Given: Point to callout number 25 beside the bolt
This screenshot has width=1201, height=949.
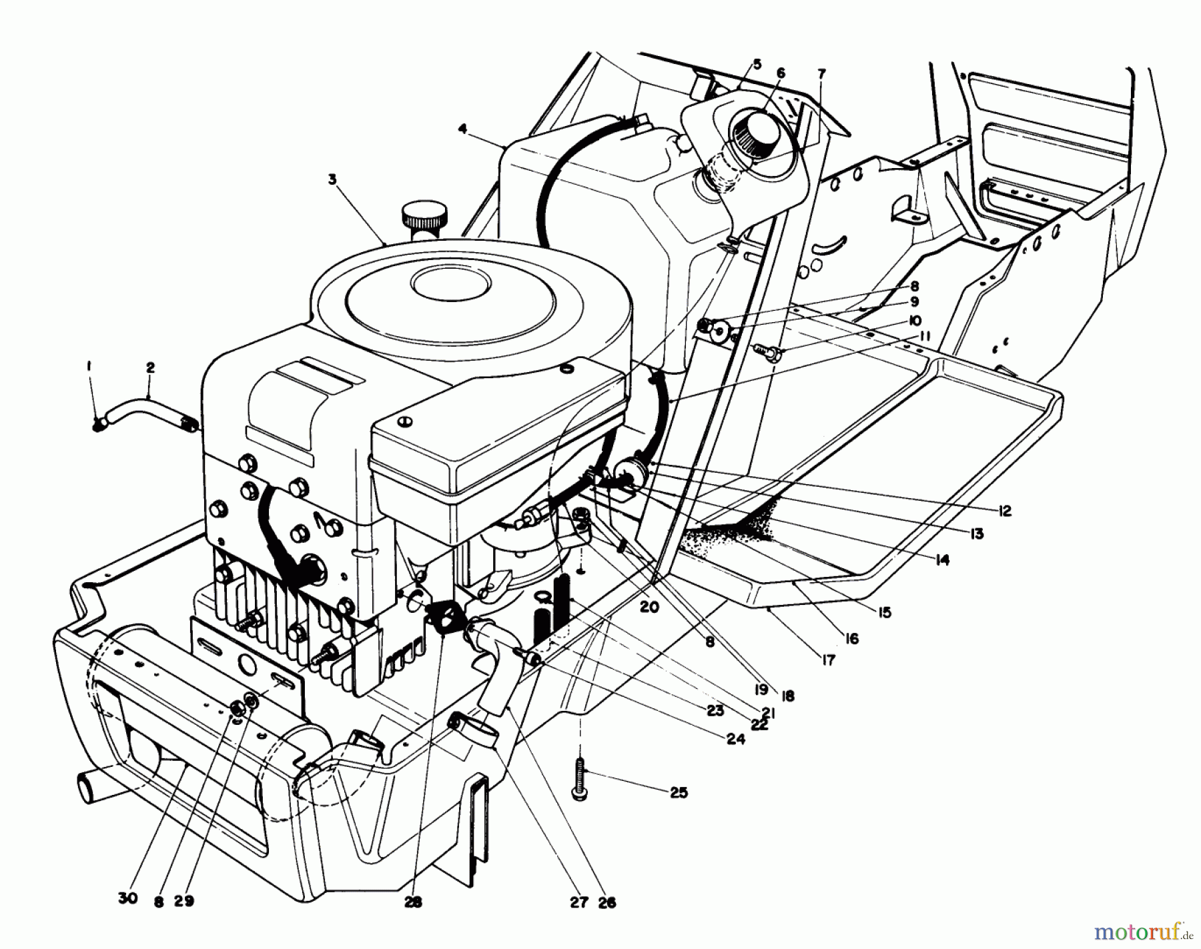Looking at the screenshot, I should (679, 793).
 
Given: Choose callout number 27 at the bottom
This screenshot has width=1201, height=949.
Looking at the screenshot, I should (579, 902).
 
